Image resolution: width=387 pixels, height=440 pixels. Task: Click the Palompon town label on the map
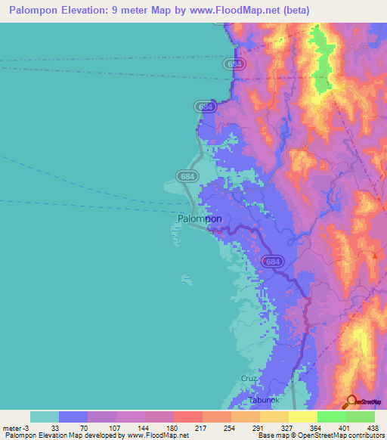pos(200,218)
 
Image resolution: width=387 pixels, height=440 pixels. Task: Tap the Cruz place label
pos(250,378)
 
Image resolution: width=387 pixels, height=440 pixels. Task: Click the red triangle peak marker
pos(373,255)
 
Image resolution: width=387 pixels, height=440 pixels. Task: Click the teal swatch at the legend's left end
pos(45,417)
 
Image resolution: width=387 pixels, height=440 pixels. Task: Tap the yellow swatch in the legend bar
pos(303,417)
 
